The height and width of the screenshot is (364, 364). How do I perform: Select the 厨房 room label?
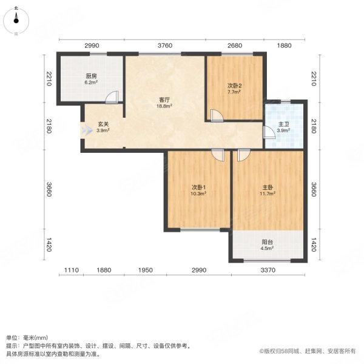(x=91, y=76)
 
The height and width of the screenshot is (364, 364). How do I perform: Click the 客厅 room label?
(x=164, y=99)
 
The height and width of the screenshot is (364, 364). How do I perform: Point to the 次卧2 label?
(x=235, y=85)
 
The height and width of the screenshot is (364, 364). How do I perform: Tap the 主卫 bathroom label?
(x=283, y=124)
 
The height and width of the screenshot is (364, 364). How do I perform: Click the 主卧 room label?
(x=268, y=187)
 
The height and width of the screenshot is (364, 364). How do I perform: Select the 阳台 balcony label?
(x=268, y=240)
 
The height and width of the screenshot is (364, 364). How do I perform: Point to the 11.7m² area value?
(x=268, y=194)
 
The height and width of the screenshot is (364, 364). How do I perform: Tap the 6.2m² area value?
(x=91, y=83)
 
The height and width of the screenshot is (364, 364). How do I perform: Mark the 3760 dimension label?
(x=165, y=45)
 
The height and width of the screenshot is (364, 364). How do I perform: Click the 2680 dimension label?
(x=235, y=45)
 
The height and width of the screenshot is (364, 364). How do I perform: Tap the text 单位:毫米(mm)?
(x=28, y=338)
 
